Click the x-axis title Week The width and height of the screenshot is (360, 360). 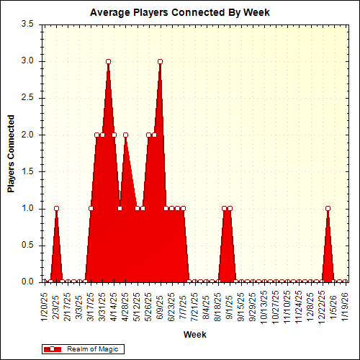coord(194,335)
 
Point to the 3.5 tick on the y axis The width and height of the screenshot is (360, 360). coord(27,24)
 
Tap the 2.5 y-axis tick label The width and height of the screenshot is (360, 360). coord(27,97)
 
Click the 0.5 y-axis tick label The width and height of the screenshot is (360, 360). coord(27,245)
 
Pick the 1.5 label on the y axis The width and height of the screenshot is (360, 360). coord(27,171)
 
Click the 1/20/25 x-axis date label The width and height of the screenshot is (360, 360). coord(45,305)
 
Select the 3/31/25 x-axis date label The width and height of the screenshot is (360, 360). coord(102,305)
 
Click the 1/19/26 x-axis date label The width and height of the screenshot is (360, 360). coord(345,305)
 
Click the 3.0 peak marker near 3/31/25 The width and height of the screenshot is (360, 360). coord(108,61)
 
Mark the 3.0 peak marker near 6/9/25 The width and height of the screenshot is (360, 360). coord(160,61)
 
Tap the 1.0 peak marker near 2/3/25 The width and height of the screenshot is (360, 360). coord(56,208)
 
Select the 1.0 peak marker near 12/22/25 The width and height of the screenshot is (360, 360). coord(328,208)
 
